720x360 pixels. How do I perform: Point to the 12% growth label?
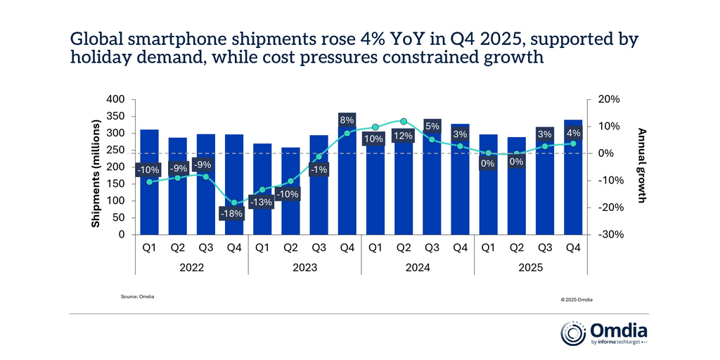403,136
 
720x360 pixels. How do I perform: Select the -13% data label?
262,202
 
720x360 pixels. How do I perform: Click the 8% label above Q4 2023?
347,120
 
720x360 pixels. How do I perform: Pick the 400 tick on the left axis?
115,100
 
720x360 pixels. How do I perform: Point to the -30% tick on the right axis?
608,235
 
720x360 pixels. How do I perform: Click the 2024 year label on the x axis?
417,268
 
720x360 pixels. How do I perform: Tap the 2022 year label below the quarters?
192,268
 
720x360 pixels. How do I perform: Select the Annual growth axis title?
641,166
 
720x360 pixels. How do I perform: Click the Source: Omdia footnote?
138,297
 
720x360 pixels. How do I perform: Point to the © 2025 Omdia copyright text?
577,300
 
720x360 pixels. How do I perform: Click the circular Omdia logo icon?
572,333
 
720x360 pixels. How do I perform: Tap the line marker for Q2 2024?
403,122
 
